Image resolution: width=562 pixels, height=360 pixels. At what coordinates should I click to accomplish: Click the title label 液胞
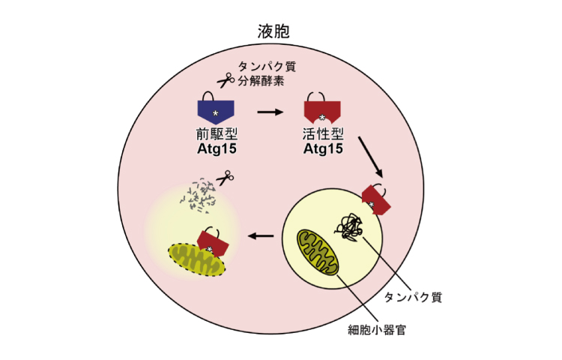pos(274,31)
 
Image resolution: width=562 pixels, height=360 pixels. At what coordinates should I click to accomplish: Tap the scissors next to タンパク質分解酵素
pos(226,80)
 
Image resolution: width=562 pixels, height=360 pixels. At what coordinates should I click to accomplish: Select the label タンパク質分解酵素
pos(267,73)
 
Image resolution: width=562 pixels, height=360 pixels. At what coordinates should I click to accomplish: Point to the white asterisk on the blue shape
pos(215,113)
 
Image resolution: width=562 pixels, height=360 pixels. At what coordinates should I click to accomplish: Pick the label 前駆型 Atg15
pos(217,141)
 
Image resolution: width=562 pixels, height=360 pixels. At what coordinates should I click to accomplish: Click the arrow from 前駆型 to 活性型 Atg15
pos(271,112)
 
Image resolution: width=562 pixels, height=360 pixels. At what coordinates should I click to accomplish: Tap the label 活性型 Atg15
pos(323,141)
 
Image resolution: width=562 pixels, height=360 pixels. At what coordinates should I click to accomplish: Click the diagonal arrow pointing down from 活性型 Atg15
pos(371,157)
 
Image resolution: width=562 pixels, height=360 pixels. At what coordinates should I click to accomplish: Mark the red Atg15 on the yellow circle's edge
pos(376,200)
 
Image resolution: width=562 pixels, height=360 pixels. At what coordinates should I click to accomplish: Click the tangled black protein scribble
pos(348,227)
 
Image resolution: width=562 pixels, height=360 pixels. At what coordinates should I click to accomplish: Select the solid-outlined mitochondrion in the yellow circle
pos(318,253)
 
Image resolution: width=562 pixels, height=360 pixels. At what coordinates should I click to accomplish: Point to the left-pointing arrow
pos(261,236)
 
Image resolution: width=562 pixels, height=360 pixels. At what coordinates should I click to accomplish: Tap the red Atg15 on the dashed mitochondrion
pos(213,243)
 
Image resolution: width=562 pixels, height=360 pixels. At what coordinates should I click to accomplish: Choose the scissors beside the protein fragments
pos(225,178)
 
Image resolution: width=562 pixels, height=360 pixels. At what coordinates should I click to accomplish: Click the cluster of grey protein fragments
pos(199,196)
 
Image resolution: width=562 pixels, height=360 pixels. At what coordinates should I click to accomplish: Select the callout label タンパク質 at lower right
pos(413,297)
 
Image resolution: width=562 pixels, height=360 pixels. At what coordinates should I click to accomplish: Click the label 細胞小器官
pos(377,329)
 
